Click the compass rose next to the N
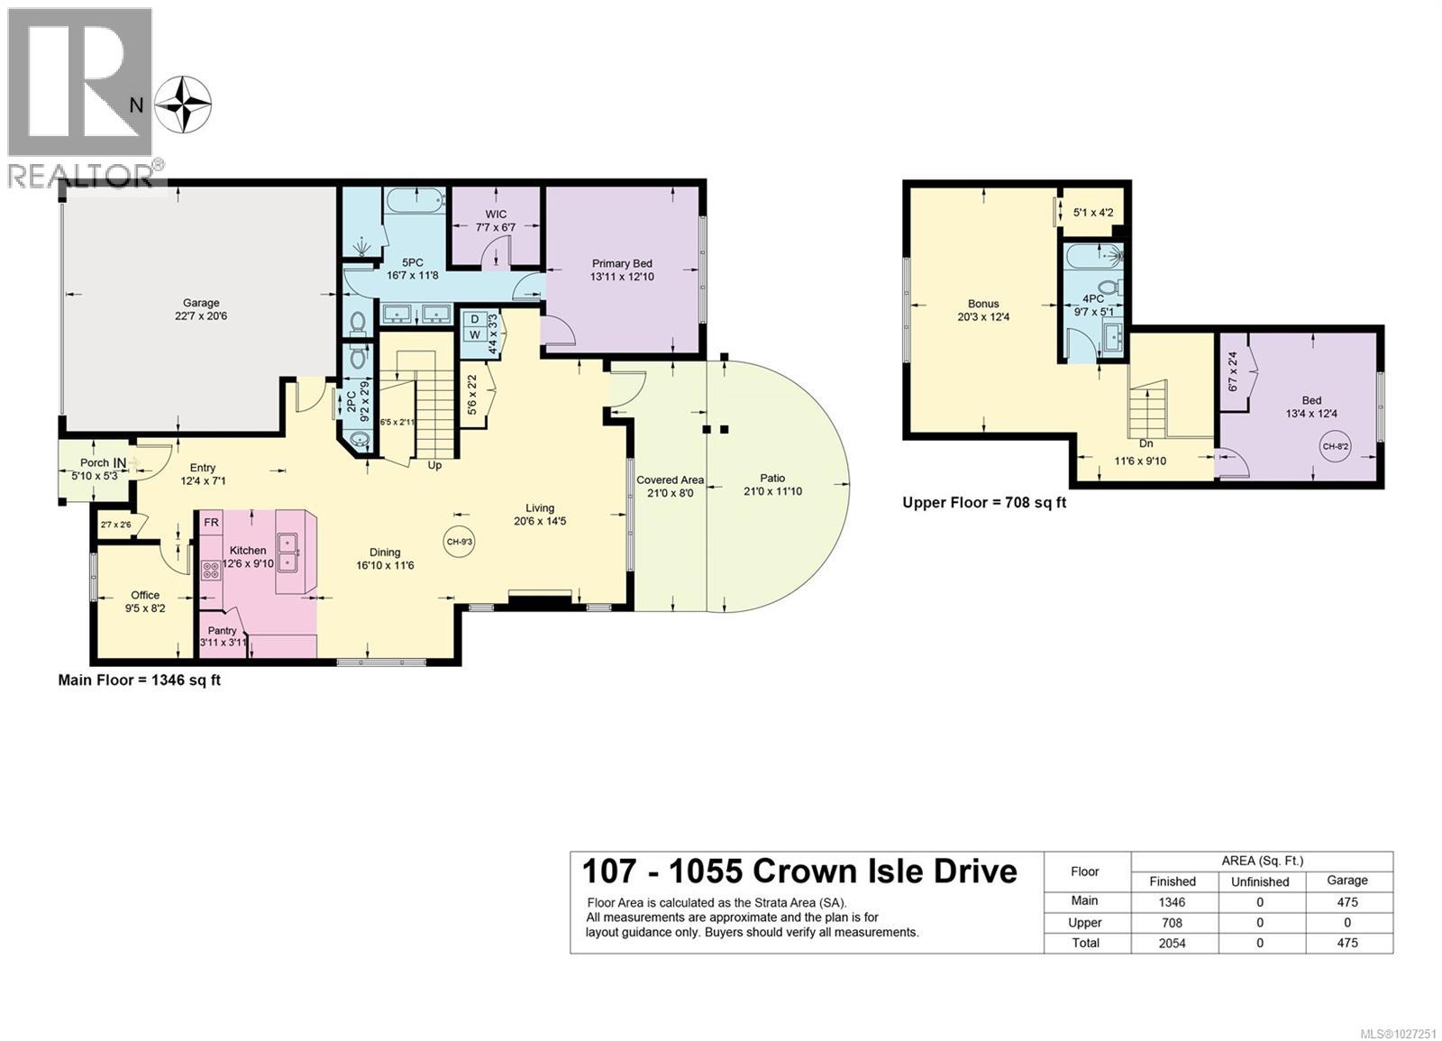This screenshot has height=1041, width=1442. tap(183, 105)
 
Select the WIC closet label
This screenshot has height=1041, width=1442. tap(496, 215)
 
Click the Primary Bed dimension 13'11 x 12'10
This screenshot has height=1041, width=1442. tap(622, 277)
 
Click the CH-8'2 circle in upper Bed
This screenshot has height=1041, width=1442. tap(1336, 446)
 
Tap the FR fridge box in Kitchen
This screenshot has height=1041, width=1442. tap(211, 523)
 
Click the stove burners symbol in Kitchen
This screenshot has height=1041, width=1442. tap(211, 570)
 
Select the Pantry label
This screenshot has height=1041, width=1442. tap(222, 631)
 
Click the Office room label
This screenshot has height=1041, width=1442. tap(145, 595)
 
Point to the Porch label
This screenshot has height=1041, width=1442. tap(95, 462)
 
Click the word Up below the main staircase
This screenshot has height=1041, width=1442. tap(434, 466)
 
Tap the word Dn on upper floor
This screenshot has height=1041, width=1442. tap(1145, 444)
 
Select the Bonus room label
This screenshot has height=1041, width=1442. tap(983, 304)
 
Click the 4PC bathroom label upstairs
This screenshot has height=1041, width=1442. tap(1092, 299)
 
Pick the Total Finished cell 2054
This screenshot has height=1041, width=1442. tap(1173, 943)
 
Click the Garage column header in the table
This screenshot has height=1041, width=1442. tap(1347, 881)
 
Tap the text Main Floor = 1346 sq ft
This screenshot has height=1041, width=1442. tap(140, 680)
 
